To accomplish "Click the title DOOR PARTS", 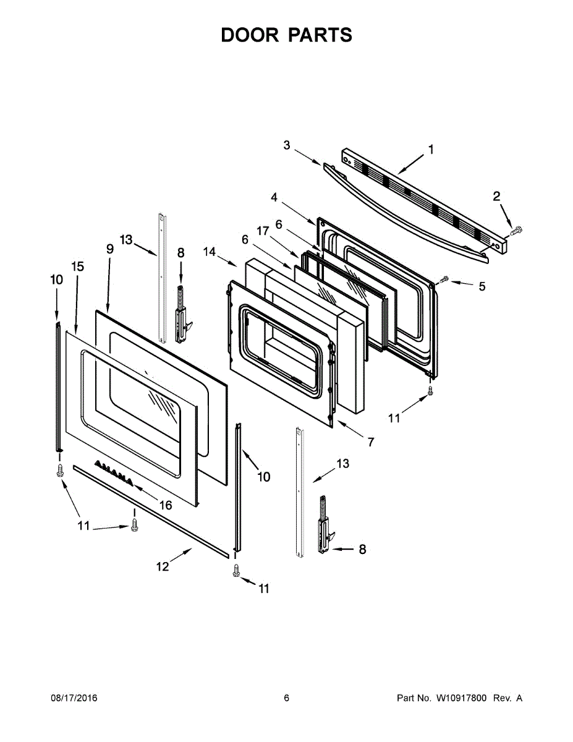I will tap(286, 35).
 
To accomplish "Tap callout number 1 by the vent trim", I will tap(431, 149).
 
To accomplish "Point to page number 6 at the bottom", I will tap(286, 698).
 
